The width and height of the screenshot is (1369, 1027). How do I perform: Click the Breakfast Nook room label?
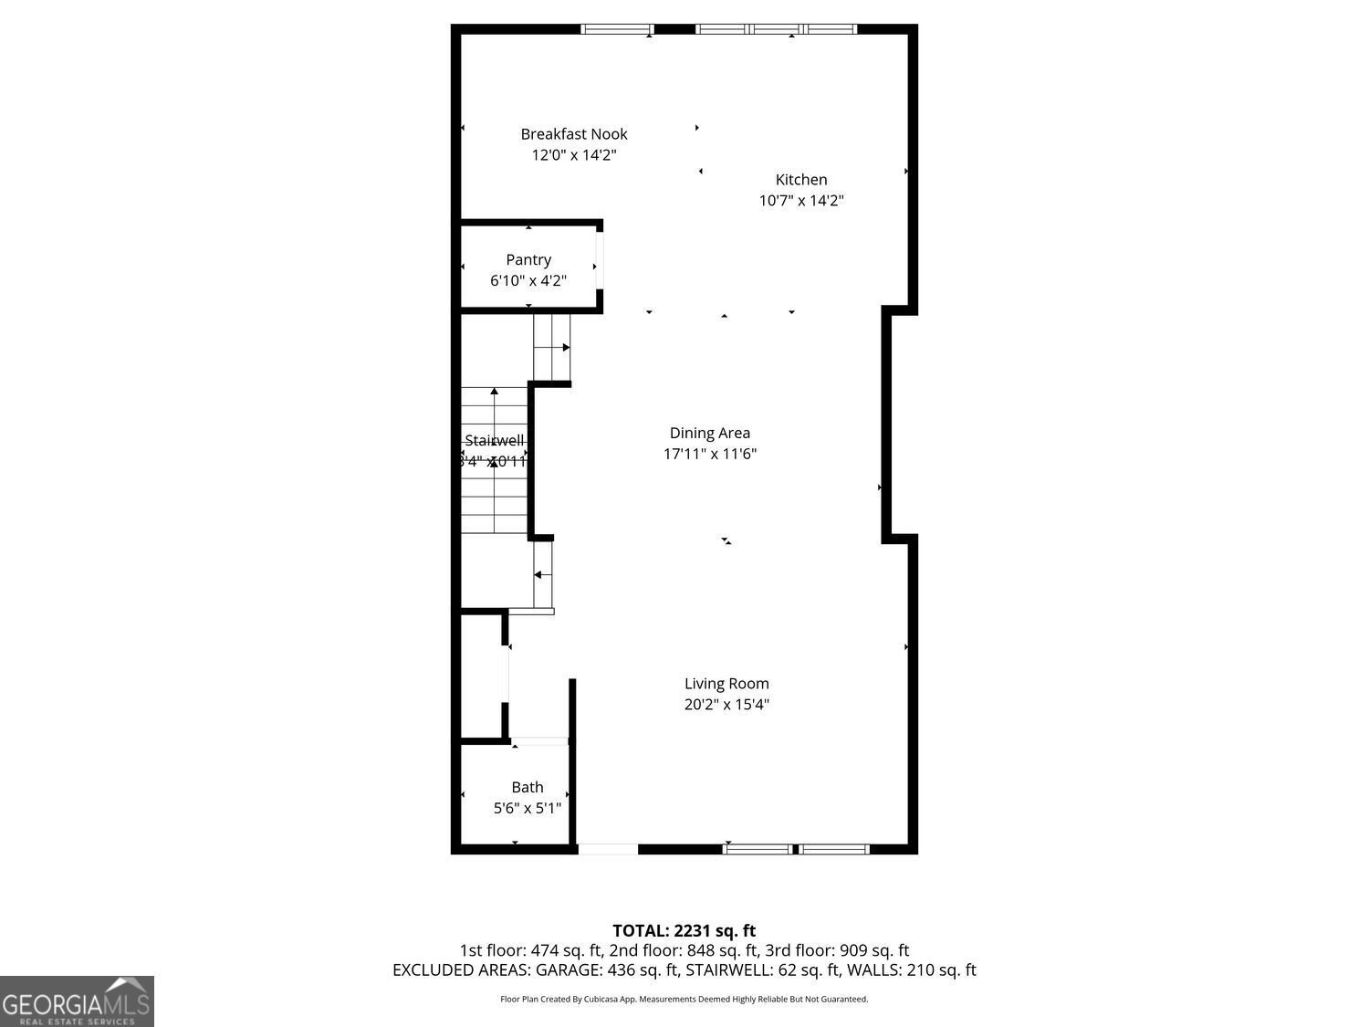tap(574, 134)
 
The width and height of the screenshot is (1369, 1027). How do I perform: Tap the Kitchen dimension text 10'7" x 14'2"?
tap(801, 201)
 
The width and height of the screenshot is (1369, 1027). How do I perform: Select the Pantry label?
tap(528, 260)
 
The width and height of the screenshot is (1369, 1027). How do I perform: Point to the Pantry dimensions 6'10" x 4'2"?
tap(528, 281)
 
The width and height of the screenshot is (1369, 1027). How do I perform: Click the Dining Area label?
tap(710, 434)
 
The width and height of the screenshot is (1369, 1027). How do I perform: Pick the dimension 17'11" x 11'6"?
tap(710, 455)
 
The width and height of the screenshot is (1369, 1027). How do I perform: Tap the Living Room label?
tap(726, 684)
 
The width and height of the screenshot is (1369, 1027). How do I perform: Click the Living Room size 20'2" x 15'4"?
tap(726, 705)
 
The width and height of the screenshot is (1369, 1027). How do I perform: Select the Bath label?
tap(528, 788)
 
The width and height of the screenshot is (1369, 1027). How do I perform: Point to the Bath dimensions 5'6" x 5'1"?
tap(528, 809)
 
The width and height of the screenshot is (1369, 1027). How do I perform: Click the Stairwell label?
tap(495, 441)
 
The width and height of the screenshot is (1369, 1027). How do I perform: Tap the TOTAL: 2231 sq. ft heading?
tap(684, 931)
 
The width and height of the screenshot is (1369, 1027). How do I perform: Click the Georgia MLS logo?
tap(77, 1001)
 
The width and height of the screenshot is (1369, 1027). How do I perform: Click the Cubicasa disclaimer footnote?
tap(684, 1000)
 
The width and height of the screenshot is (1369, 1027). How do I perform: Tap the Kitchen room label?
tap(801, 180)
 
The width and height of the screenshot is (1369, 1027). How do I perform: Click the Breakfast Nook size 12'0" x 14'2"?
tap(574, 155)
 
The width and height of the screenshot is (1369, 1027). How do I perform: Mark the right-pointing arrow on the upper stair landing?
tap(566, 348)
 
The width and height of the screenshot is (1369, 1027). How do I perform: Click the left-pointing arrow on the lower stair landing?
tap(538, 575)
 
